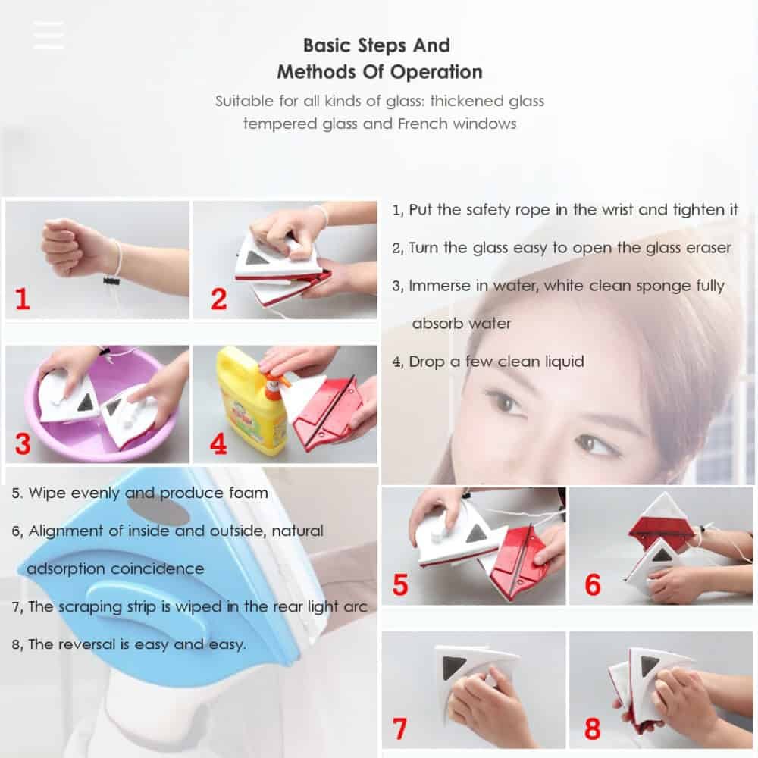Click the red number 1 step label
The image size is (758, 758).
(x=22, y=299)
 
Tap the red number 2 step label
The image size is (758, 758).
(x=218, y=299)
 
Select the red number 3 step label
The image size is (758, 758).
(x=23, y=443)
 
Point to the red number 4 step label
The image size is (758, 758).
(x=218, y=443)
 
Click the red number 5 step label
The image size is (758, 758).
(x=400, y=585)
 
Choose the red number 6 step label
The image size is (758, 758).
(x=593, y=585)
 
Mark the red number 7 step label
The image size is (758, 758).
(x=399, y=728)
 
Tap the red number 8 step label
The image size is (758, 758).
(x=593, y=728)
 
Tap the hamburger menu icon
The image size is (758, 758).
(x=49, y=35)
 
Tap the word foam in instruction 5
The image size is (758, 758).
(x=249, y=493)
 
